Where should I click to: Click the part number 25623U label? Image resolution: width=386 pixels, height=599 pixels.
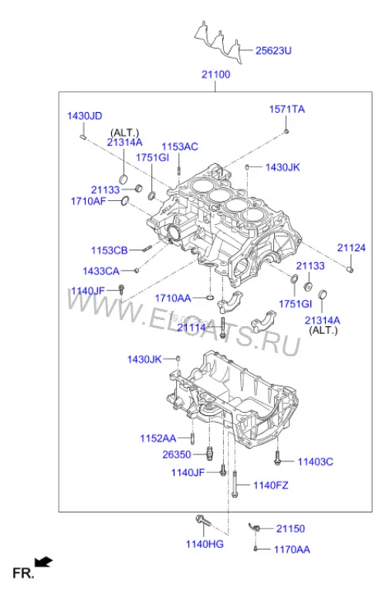(273, 50)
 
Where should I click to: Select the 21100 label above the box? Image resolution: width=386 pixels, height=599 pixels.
(215, 74)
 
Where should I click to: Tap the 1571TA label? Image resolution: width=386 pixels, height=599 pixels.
(287, 109)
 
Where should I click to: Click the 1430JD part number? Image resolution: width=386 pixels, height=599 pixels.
(85, 116)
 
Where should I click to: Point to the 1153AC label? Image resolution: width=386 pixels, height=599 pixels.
(180, 147)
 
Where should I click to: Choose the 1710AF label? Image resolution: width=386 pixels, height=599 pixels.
(88, 201)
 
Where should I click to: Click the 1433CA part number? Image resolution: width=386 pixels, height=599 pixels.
(101, 271)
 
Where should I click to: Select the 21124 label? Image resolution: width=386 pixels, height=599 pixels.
(351, 247)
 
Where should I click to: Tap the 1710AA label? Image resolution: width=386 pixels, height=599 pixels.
(173, 298)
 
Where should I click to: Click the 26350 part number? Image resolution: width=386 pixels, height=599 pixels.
(177, 454)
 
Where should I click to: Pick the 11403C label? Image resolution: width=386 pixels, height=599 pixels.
(315, 462)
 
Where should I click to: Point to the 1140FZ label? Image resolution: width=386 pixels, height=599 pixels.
(271, 485)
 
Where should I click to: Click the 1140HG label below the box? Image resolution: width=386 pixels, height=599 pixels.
(205, 544)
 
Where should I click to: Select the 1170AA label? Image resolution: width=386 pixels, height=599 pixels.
(292, 550)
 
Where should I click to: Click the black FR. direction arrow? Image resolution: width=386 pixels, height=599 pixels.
(43, 562)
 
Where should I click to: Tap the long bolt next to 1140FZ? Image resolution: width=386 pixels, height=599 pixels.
(234, 484)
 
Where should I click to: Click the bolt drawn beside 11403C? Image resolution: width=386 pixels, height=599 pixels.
(277, 458)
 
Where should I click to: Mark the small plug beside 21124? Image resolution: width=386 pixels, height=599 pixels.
(350, 269)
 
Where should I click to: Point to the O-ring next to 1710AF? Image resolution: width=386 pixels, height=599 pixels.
(125, 200)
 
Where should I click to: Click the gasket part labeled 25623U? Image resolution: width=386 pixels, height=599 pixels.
(219, 40)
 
